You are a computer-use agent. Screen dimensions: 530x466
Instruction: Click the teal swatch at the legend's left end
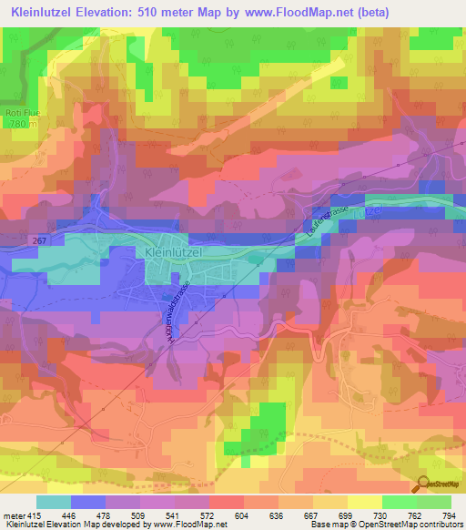[x=54, y=502]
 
